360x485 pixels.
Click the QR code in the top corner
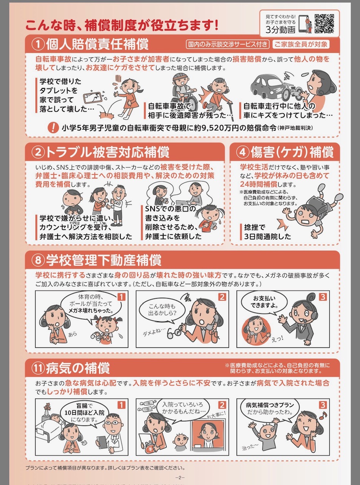click(x=324, y=23)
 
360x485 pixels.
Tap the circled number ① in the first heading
click(x=38, y=44)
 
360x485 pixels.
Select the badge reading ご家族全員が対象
click(x=301, y=44)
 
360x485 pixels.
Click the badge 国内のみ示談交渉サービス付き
click(x=228, y=44)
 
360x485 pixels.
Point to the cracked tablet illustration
click(x=93, y=97)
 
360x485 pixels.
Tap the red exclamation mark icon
click(x=53, y=127)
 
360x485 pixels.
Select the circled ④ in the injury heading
click(x=243, y=152)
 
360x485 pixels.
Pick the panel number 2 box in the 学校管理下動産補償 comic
click(x=222, y=297)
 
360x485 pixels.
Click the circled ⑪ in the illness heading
click(x=38, y=368)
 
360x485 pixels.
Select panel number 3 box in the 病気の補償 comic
click(x=323, y=405)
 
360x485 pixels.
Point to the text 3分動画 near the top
click(x=280, y=30)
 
